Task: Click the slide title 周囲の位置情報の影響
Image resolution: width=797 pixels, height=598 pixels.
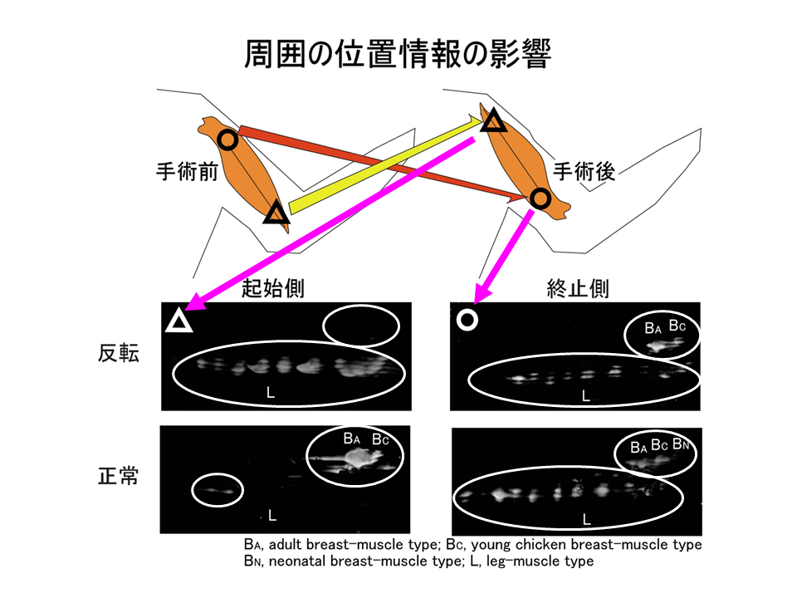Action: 398,53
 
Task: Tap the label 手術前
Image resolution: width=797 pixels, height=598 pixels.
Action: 187,171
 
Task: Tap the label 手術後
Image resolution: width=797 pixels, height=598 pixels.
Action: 584,171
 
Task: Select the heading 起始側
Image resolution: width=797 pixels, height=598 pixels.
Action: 273,288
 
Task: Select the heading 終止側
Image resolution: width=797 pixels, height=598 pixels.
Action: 578,288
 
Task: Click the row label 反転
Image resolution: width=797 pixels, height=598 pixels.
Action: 119,353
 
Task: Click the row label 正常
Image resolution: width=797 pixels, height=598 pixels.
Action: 119,476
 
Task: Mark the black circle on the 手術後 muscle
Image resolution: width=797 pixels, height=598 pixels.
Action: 540,199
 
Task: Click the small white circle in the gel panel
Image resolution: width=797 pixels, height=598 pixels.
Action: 467,320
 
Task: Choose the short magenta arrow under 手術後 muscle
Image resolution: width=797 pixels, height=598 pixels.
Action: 503,257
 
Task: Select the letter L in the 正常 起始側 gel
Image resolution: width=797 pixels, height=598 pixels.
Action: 272,516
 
